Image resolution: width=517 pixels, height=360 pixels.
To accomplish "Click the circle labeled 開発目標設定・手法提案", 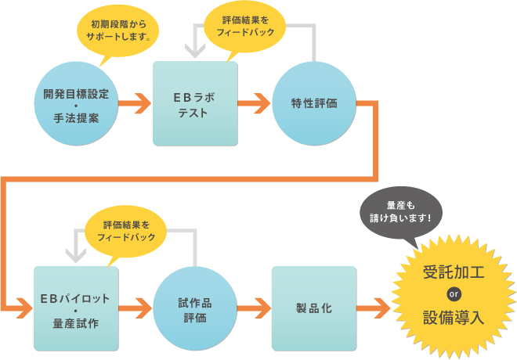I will coord(76,103).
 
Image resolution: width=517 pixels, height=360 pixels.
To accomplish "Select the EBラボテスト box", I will coord(195,103).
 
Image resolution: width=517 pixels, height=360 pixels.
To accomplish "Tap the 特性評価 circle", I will coord(313,103).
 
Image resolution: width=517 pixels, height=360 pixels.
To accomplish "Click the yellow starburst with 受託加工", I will coord(454,296).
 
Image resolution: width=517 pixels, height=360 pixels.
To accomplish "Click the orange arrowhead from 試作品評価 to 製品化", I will coord(261,308).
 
